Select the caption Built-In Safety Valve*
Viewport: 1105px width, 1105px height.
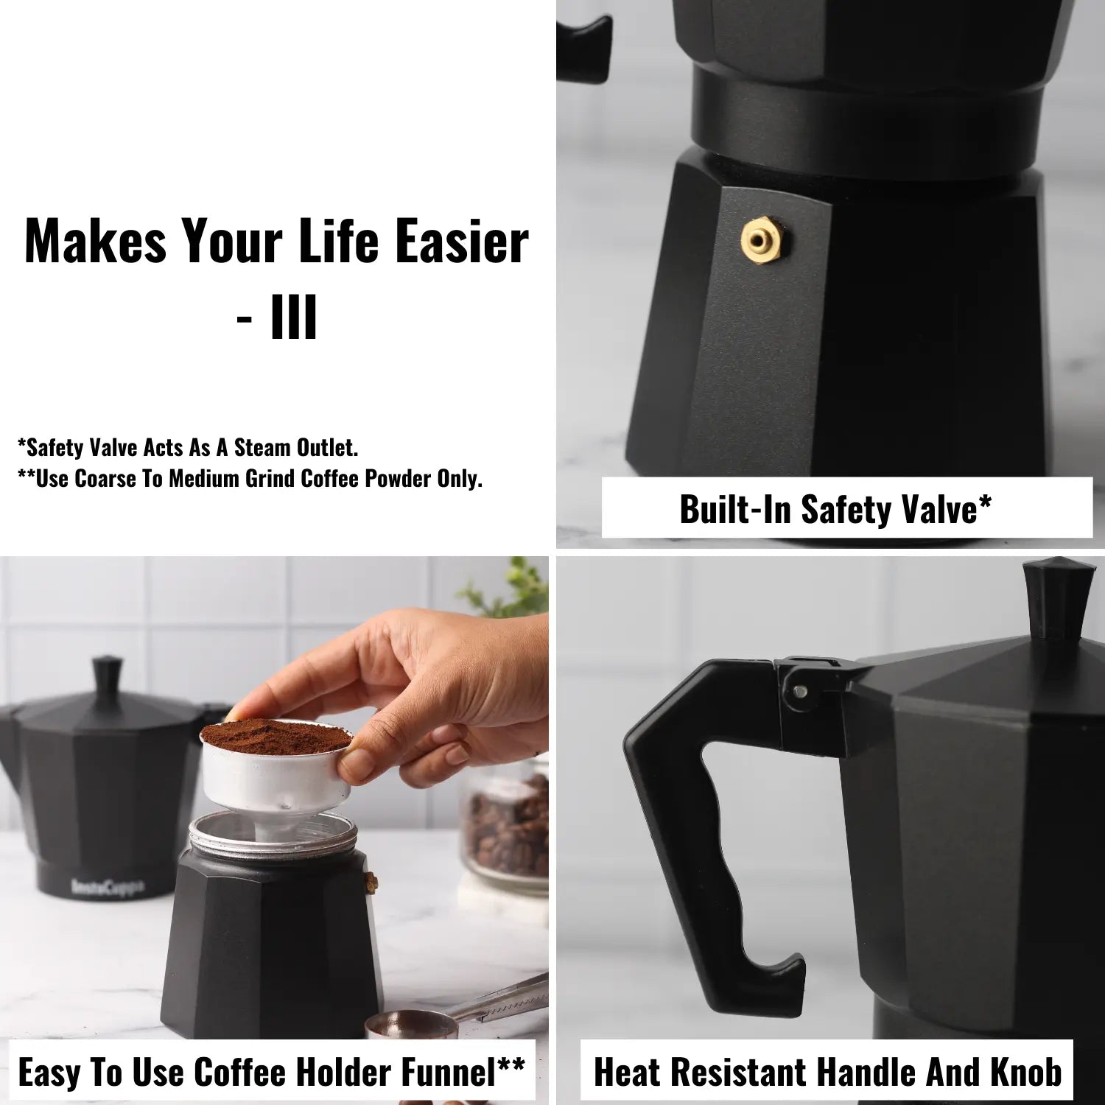[835, 508]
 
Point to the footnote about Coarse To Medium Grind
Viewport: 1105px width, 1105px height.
[250, 479]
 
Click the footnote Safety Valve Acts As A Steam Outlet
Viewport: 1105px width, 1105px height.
[188, 447]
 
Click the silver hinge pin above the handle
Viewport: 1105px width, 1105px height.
[800, 691]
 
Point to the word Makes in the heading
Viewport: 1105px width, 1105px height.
[96, 241]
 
